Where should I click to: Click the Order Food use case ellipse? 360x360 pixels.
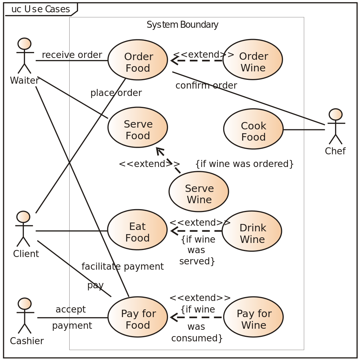[138, 60]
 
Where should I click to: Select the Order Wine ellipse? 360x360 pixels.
[252, 59]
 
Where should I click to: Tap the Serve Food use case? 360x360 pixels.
[138, 127]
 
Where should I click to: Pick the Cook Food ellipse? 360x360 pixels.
[253, 129]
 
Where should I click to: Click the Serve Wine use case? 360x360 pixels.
[199, 192]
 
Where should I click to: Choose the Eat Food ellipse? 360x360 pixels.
[137, 230]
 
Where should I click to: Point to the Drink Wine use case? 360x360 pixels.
[252, 231]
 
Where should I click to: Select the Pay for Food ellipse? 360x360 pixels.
[138, 317]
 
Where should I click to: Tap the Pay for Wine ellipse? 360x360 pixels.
[253, 317]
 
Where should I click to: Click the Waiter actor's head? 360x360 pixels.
[24, 44]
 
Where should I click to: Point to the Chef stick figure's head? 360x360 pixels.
[336, 114]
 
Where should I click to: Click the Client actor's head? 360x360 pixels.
[23, 217]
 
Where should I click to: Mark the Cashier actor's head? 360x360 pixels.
[24, 304]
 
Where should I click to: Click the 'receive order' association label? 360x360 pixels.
[72, 54]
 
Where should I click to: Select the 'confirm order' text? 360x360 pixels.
[206, 85]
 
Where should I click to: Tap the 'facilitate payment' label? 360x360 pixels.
[123, 266]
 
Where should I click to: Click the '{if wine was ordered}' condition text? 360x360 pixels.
[245, 164]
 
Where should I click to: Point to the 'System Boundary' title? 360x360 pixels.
[182, 25]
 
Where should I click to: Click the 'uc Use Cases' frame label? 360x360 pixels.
[41, 9]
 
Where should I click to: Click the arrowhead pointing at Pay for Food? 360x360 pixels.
[174, 317]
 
